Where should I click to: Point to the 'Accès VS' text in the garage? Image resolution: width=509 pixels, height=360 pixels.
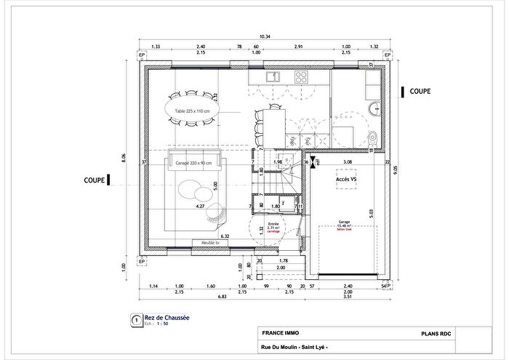coord(346,178)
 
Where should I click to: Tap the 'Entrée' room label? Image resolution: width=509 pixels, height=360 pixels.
coord(273,224)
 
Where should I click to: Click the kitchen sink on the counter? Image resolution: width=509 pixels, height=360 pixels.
coord(273,76)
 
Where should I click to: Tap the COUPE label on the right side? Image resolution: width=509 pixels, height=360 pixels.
coord(420,92)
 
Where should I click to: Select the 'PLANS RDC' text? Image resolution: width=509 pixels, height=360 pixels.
coord(437,333)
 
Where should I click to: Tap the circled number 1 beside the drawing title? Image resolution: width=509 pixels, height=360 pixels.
coord(135,320)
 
